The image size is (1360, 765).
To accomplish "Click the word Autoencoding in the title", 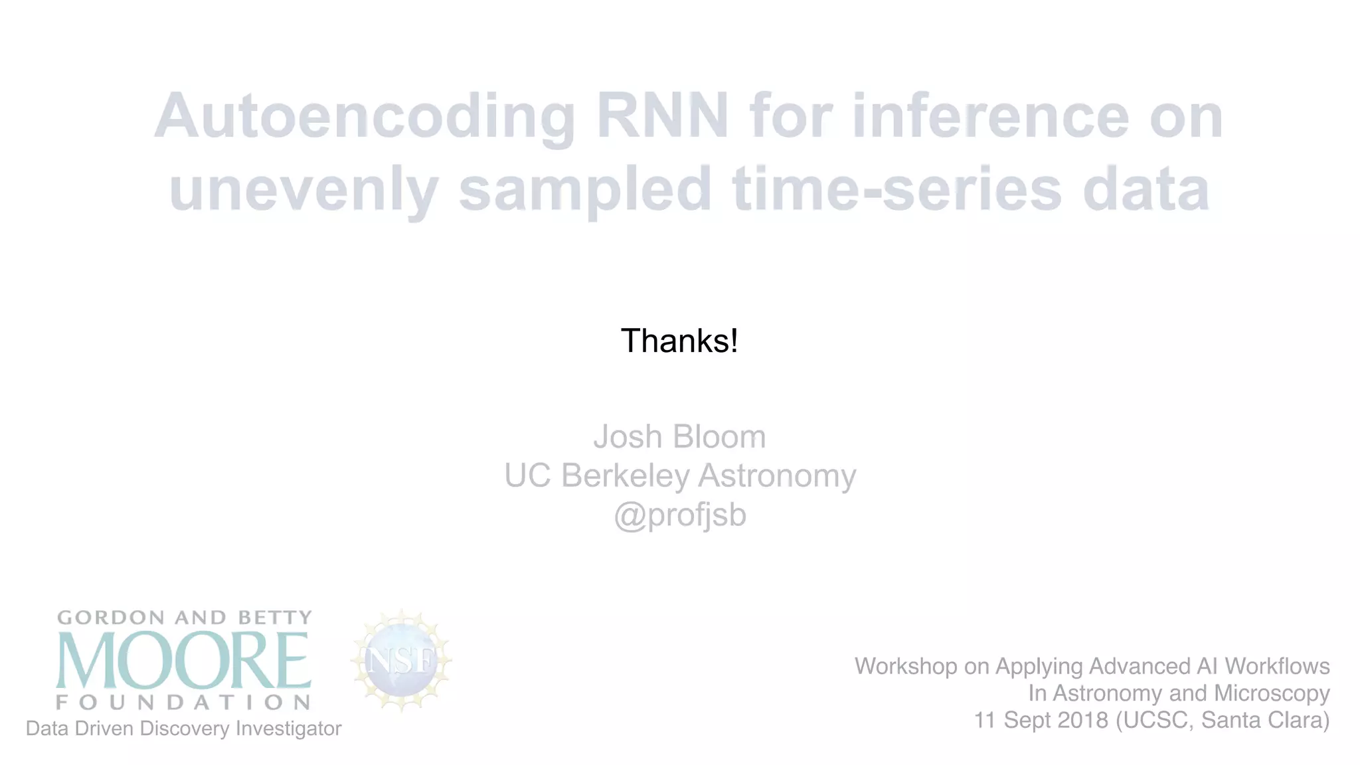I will pos(364,117).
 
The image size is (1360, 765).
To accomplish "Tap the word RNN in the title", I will pos(662,116).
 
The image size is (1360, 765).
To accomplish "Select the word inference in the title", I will pos(990,116).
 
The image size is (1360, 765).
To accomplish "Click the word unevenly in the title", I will pos(303,190).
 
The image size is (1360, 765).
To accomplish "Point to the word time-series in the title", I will pos(896,189).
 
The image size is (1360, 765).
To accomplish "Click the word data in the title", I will pos(1146,189).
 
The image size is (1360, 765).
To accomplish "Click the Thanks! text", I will pos(679,341).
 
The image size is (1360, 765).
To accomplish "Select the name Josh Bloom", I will pos(679,437).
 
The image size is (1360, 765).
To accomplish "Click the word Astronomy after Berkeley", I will pos(777,475).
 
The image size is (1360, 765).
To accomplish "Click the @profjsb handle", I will pos(679,515).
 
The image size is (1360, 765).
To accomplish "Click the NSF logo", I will pos(401,661).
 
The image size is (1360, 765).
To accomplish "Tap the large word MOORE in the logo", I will pos(183,661).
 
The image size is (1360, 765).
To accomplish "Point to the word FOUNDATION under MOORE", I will pos(183,703).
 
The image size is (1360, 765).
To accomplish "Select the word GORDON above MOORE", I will pos(111,618).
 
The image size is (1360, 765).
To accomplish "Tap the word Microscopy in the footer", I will pos(1271,693).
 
